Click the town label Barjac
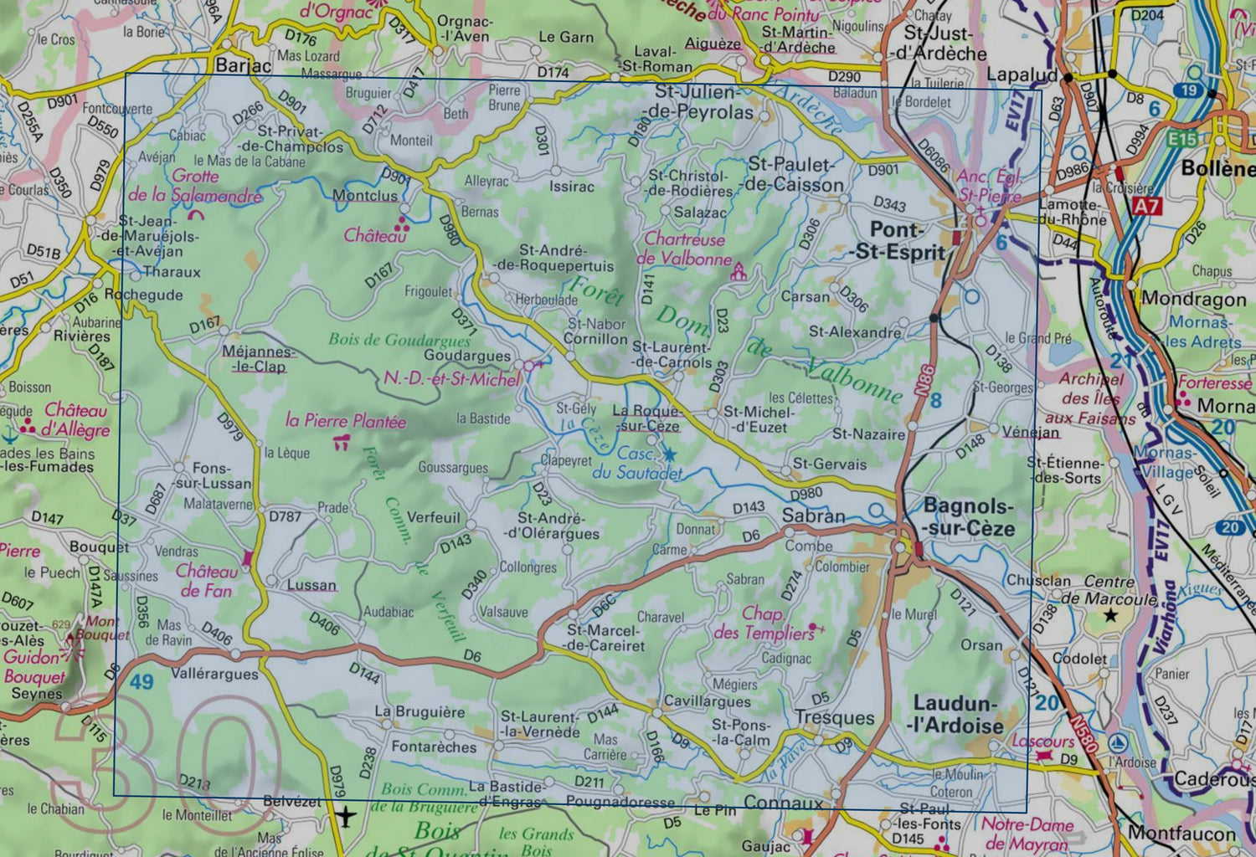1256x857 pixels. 243,65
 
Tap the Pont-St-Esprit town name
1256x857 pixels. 898,241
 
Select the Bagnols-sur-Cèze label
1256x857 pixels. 969,517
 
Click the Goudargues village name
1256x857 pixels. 466,355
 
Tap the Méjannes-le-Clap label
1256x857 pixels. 258,359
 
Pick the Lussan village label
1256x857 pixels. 311,585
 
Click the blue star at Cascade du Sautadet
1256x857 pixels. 670,454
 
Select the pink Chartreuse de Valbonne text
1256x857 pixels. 684,249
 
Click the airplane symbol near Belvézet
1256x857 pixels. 346,813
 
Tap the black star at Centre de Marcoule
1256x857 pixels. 1111,616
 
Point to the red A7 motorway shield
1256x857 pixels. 1147,206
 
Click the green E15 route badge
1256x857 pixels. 1182,139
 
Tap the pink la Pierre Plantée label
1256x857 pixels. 345,420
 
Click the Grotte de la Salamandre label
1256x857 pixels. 195,186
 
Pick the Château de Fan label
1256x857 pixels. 207,581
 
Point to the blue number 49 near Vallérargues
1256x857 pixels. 142,681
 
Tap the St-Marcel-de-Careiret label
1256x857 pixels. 605,638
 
